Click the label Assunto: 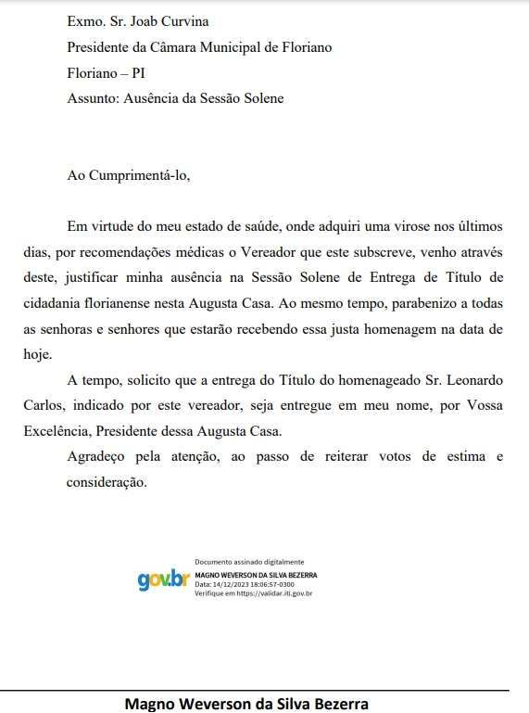point(94,97)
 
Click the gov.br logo point(163,580)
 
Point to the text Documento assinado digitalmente point(248,563)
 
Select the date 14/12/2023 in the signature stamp point(226,584)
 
